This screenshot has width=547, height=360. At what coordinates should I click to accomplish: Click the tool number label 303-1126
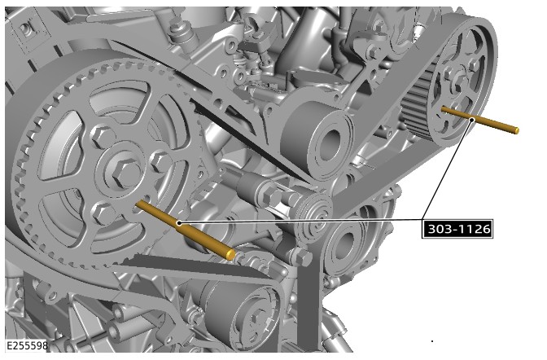pyautogui.click(x=457, y=229)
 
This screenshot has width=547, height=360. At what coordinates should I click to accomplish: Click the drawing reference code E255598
pyautogui.click(x=27, y=345)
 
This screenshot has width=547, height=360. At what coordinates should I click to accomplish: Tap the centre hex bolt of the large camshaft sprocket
pyautogui.click(x=125, y=172)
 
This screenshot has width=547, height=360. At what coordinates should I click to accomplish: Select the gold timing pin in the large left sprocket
pyautogui.click(x=186, y=230)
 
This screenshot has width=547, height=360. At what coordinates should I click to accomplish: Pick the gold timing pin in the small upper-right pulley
pyautogui.click(x=480, y=121)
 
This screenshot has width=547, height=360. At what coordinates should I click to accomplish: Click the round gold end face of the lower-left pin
pyautogui.click(x=230, y=254)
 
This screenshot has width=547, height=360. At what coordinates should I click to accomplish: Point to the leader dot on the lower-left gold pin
pyautogui.click(x=179, y=223)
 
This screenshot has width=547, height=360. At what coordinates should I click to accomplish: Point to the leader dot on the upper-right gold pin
pyautogui.click(x=472, y=120)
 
